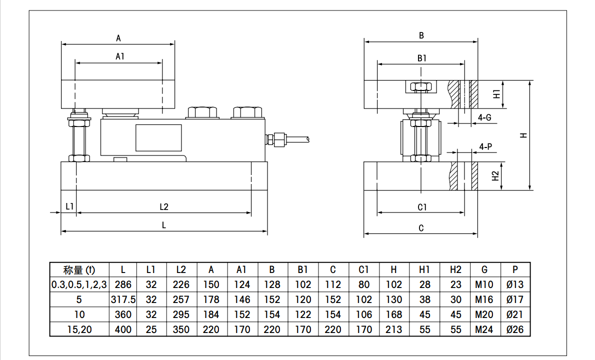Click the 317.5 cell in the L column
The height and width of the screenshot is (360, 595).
pyautogui.click(x=123, y=299)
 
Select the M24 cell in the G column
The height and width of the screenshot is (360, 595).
pyautogui.click(x=484, y=329)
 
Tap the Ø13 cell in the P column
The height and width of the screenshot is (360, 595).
pyautogui.click(x=514, y=284)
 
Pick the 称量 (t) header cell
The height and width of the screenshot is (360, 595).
pyautogui.click(x=79, y=270)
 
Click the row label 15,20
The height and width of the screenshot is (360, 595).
pyautogui.click(x=79, y=329)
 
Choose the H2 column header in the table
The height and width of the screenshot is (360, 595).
pyautogui.click(x=455, y=269)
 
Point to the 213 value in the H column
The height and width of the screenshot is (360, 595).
pyautogui.click(x=393, y=329)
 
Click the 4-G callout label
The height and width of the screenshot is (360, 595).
pyautogui.click(x=484, y=117)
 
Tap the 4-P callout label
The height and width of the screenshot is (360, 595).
pyautogui.click(x=485, y=147)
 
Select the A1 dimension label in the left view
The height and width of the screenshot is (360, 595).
pyautogui.click(x=120, y=56)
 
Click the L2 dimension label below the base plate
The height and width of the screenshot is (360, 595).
pyautogui.click(x=163, y=206)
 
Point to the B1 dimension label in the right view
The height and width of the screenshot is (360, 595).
pyautogui.click(x=421, y=58)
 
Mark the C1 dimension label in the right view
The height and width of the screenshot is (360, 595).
pyautogui.click(x=422, y=207)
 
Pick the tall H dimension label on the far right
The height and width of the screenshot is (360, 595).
pyautogui.click(x=523, y=135)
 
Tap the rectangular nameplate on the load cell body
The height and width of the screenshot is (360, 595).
pyautogui.click(x=158, y=138)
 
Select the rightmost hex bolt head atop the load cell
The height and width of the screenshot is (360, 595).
pyautogui.click(x=247, y=112)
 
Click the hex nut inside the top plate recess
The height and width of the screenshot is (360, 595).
pyautogui.click(x=421, y=87)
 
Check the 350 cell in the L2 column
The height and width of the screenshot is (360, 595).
pyautogui.click(x=181, y=329)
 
